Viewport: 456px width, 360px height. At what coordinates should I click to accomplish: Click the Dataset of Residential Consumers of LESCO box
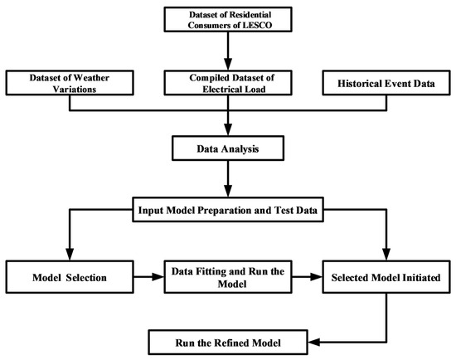(x=228, y=20)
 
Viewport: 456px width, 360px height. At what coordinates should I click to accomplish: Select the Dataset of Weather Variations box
(x=70, y=83)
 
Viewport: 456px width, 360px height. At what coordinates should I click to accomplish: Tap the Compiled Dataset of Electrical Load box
(x=228, y=83)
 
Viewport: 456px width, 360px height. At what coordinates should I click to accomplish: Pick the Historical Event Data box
(x=386, y=83)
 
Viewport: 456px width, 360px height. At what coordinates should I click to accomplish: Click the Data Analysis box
(x=228, y=148)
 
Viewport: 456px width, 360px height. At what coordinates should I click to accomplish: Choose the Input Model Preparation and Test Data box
(x=228, y=210)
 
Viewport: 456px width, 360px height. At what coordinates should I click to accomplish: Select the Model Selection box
(x=70, y=277)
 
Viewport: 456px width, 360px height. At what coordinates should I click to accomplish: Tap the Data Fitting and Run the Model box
(x=228, y=277)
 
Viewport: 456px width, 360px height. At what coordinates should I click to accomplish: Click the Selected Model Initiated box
(x=386, y=277)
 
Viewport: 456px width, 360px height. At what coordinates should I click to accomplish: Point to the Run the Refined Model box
(x=228, y=343)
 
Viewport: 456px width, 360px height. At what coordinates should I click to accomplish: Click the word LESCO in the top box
(x=257, y=26)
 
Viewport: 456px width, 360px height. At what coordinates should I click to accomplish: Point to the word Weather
(x=91, y=78)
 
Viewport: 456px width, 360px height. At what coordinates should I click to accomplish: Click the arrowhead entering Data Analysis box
(x=228, y=129)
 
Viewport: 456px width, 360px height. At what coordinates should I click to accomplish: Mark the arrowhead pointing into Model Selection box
(x=70, y=255)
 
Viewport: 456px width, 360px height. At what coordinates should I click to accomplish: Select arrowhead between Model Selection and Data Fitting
(x=158, y=277)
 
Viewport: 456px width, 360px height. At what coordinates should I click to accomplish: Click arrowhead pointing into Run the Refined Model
(x=314, y=343)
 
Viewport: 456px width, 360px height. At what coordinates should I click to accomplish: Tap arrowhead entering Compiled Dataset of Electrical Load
(x=228, y=64)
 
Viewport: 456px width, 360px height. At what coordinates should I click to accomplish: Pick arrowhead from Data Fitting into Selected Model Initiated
(x=316, y=277)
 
